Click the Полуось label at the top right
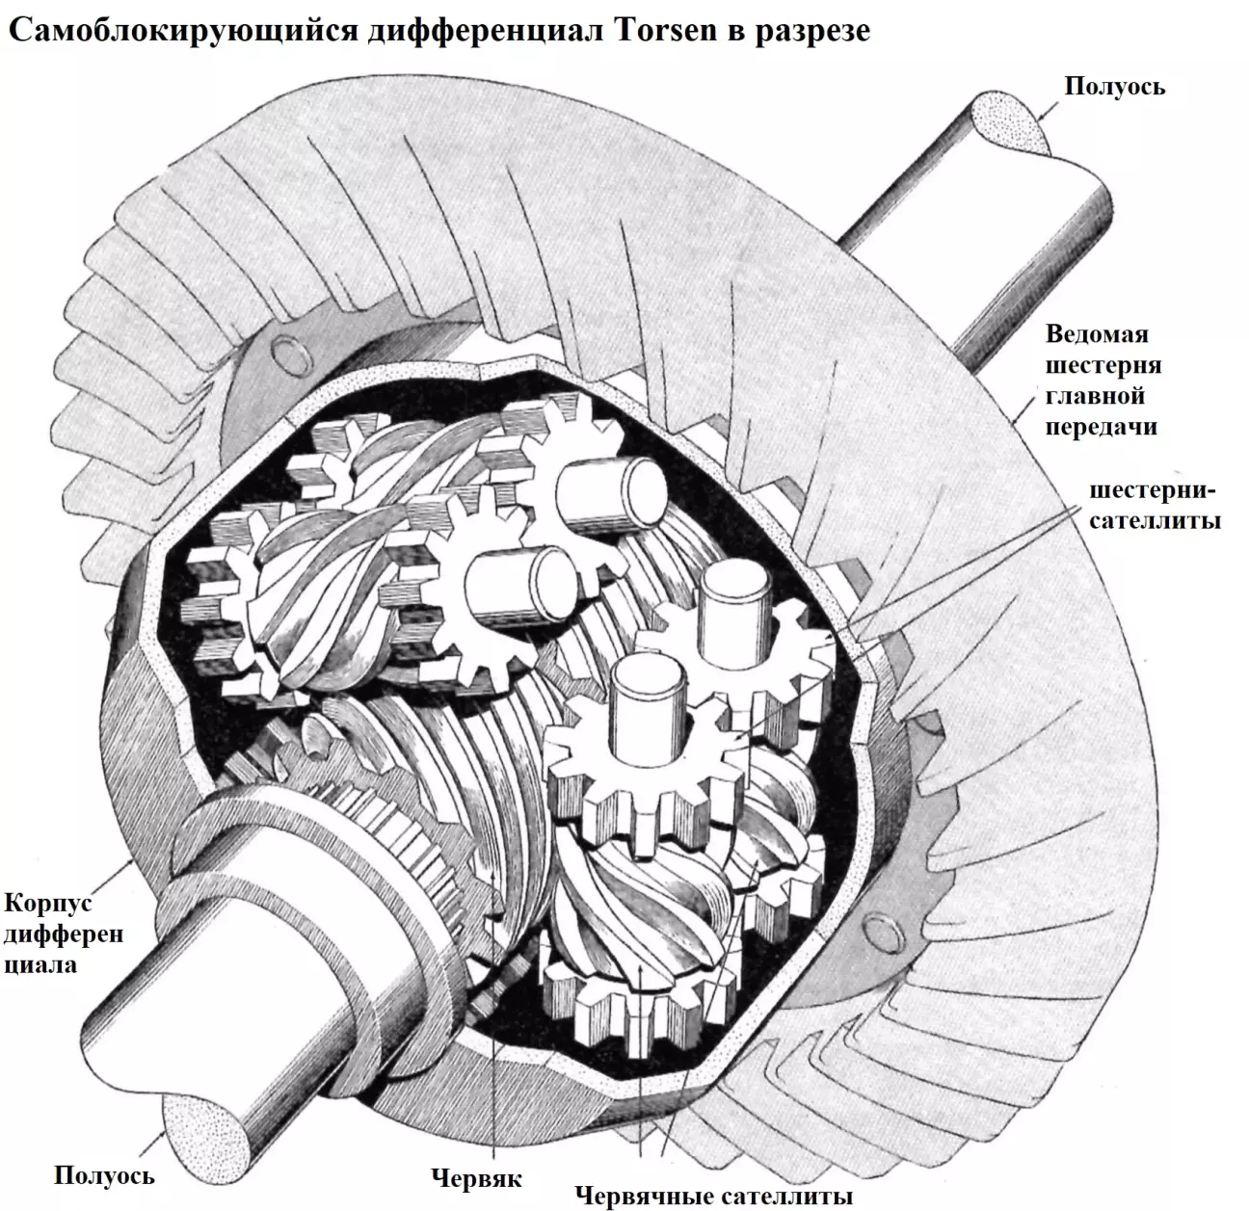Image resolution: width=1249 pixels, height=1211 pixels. pos(1114,87)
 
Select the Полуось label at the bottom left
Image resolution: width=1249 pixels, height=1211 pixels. pos(104,1176)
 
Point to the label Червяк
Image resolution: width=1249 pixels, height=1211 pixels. pos(477,1179)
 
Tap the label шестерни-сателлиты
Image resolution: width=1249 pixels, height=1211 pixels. pos(1155,506)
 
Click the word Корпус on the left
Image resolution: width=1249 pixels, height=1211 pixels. pos(48,905)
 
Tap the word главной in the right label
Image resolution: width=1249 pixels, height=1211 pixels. pos(1098,396)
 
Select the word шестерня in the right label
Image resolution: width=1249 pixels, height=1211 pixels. pos(1103,365)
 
